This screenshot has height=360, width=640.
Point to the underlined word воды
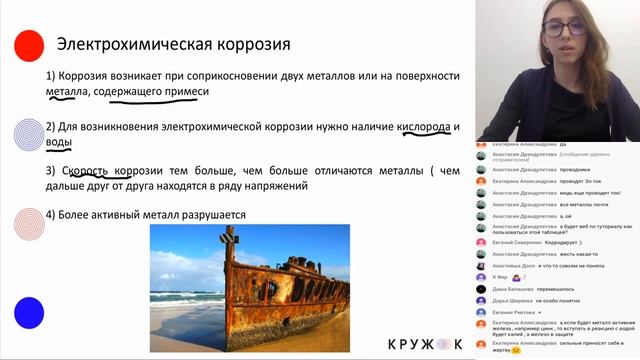pyautogui.click(x=59, y=143)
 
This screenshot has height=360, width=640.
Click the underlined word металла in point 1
pyautogui.click(x=67, y=92)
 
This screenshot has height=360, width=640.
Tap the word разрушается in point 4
pyautogui.click(x=207, y=214)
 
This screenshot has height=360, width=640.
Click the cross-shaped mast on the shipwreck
pyautogui.click(x=229, y=239)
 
